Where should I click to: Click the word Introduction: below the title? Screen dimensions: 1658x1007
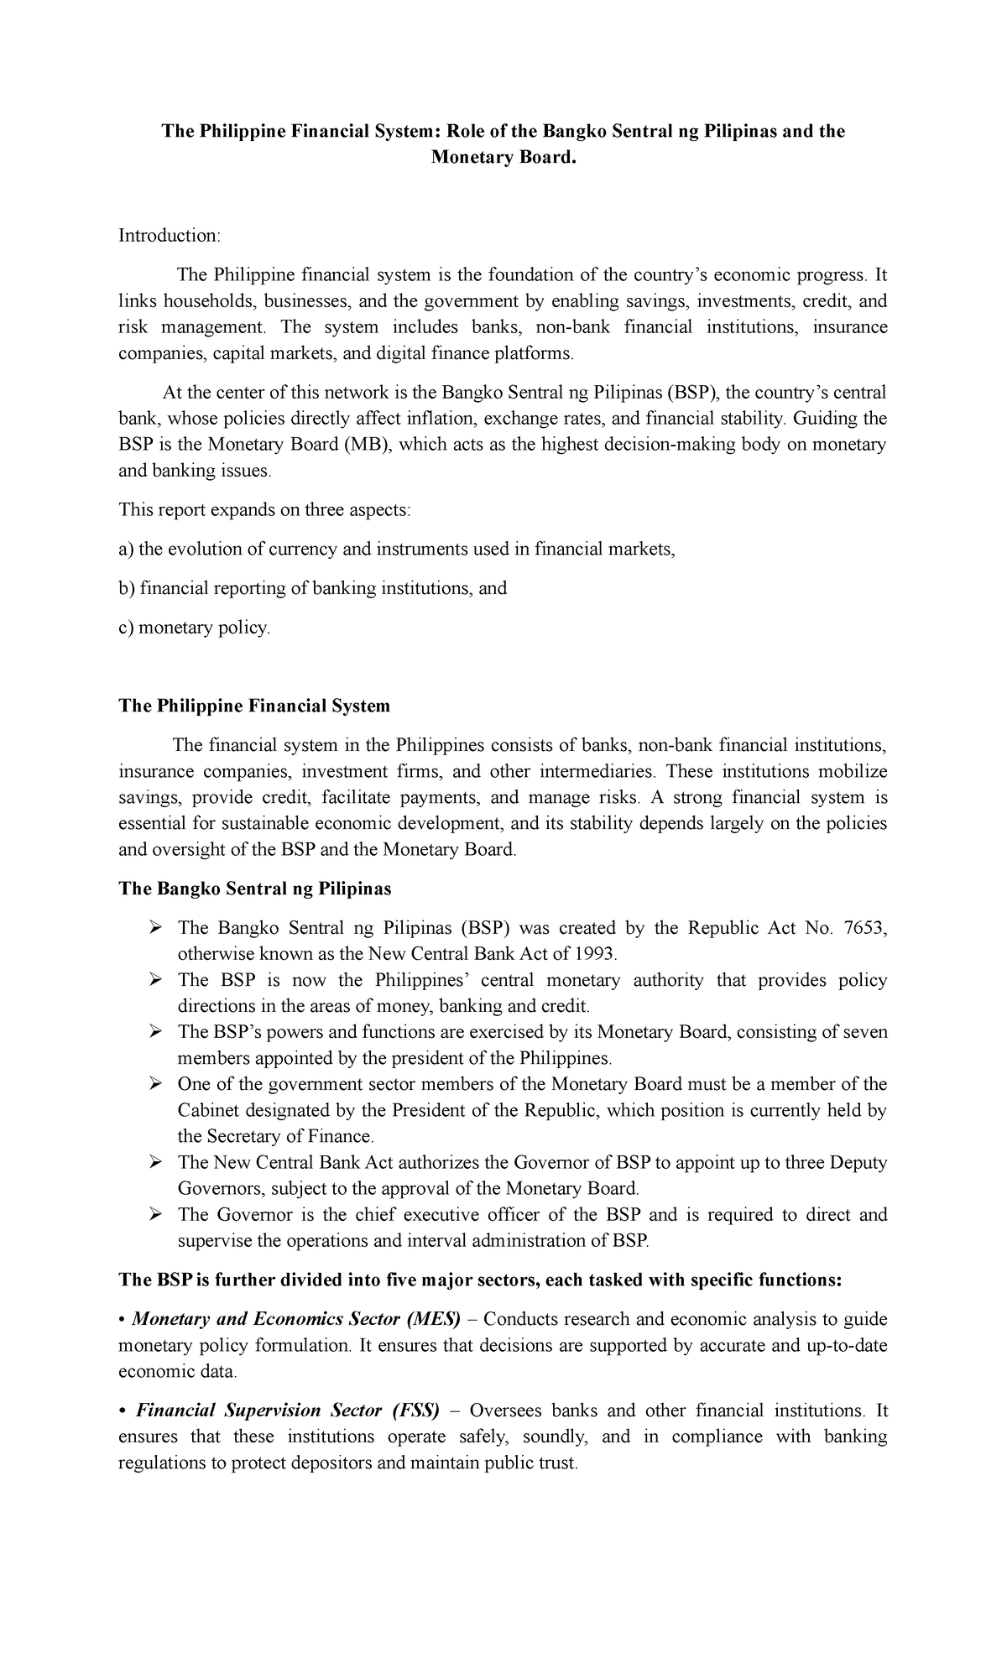click(169, 236)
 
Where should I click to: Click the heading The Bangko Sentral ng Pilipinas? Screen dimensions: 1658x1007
click(255, 889)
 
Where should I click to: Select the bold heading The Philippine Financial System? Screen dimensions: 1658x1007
click(254, 706)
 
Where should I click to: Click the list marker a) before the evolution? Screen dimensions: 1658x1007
click(126, 550)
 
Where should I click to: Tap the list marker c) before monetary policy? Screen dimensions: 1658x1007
click(126, 628)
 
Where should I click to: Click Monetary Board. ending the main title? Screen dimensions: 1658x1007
click(504, 158)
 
